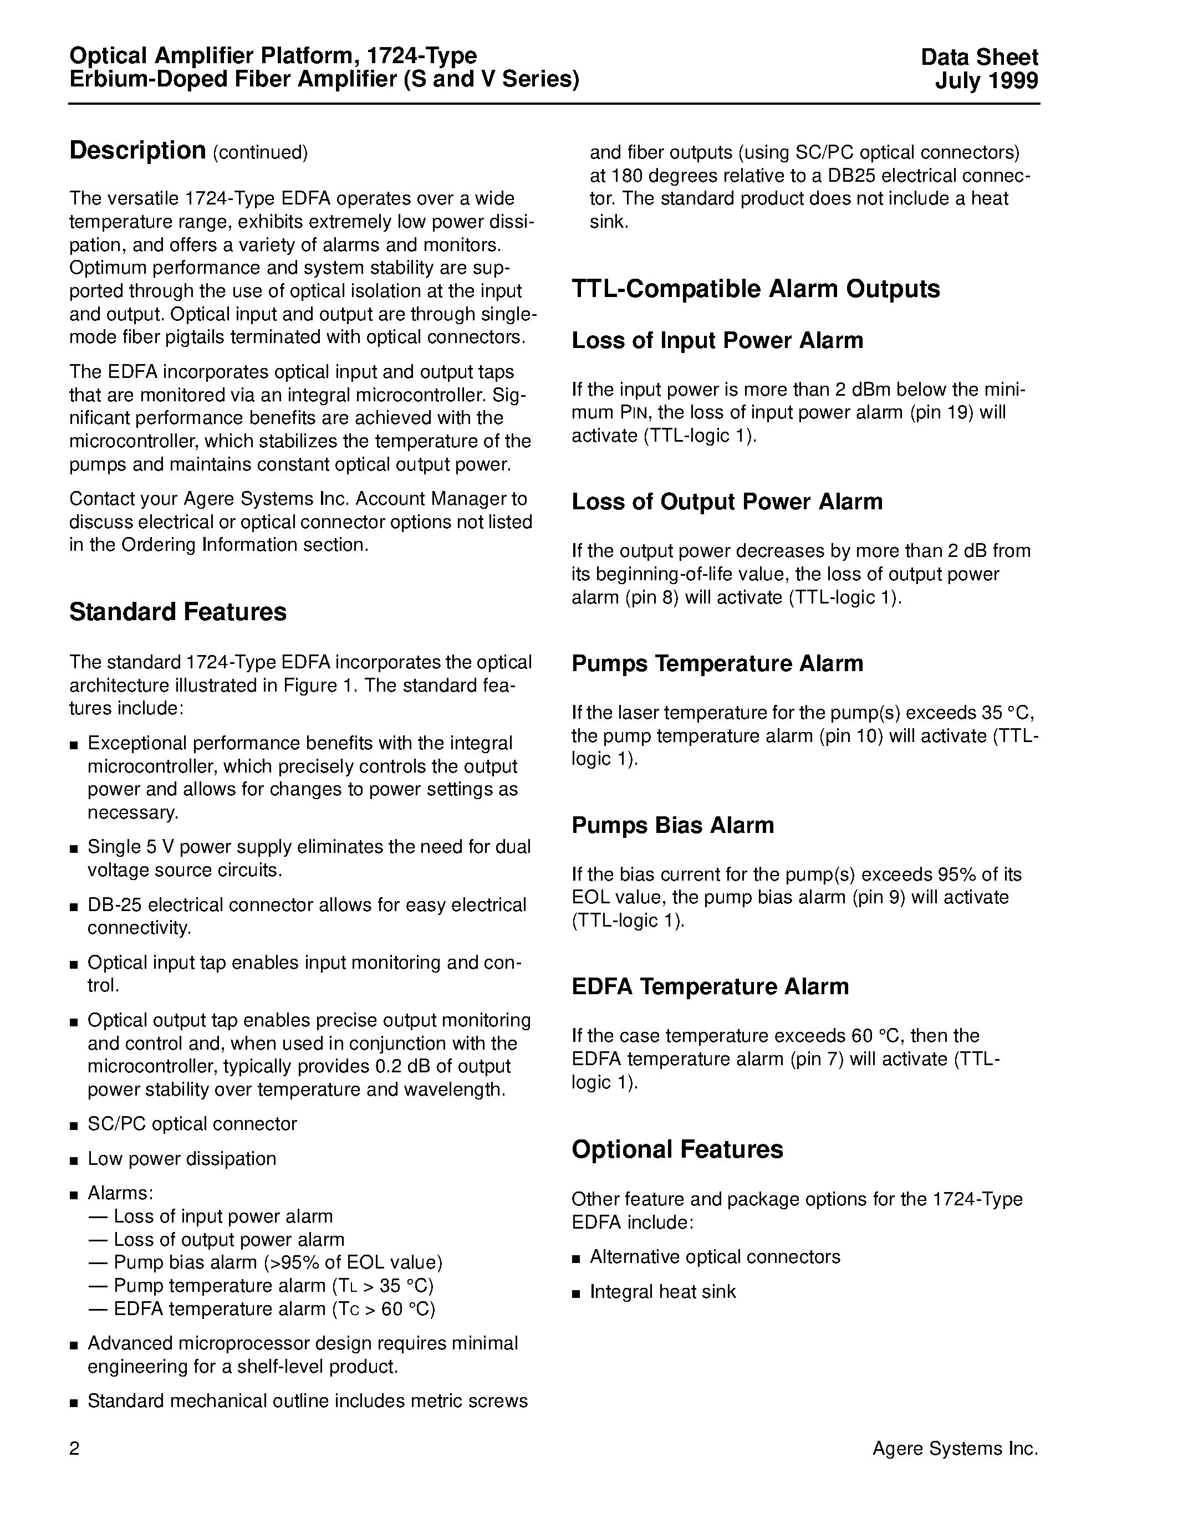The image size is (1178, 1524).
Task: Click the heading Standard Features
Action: pyautogui.click(x=177, y=612)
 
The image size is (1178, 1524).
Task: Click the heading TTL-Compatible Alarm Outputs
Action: pyautogui.click(x=755, y=289)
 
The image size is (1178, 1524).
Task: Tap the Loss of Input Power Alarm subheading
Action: pyautogui.click(x=717, y=340)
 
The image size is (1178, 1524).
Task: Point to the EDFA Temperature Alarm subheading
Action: pyautogui.click(x=710, y=986)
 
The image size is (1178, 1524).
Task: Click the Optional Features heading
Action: pyautogui.click(x=677, y=1149)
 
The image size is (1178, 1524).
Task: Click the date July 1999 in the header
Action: pyautogui.click(x=986, y=81)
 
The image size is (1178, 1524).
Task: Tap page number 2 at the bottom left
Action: pyautogui.click(x=75, y=1449)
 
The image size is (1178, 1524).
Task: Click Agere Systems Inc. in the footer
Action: pyautogui.click(x=955, y=1449)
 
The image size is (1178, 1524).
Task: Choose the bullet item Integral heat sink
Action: pyautogui.click(x=662, y=1292)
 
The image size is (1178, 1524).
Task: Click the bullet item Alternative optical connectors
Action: pyautogui.click(x=715, y=1257)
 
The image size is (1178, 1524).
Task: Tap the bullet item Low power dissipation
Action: pyautogui.click(x=181, y=1158)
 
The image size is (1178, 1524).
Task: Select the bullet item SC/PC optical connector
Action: pyautogui.click(x=192, y=1123)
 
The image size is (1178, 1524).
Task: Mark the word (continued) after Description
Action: pyautogui.click(x=259, y=152)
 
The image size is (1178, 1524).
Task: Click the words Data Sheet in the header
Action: pyautogui.click(x=979, y=57)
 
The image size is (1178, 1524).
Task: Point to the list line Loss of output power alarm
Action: pyautogui.click(x=229, y=1239)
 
